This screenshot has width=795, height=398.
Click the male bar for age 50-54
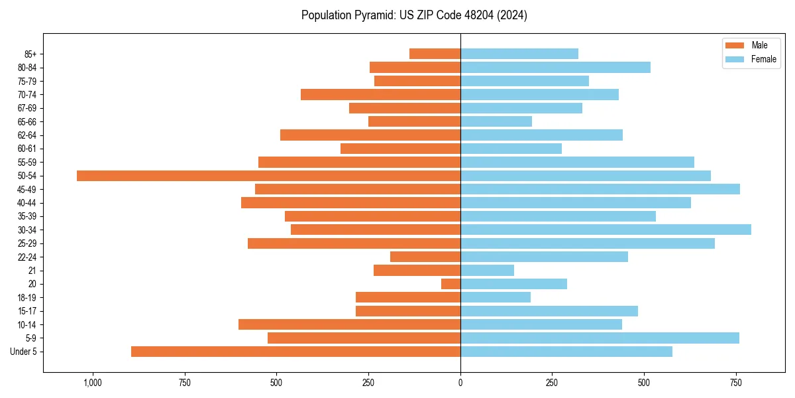pyautogui.click(x=268, y=176)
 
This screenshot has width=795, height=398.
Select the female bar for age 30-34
pyautogui.click(x=606, y=230)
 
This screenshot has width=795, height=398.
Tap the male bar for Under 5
pyautogui.click(x=295, y=352)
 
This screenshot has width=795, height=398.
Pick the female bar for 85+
pyautogui.click(x=519, y=54)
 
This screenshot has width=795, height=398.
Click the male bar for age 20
pyautogui.click(x=451, y=284)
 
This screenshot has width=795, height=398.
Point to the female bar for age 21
pyautogui.click(x=487, y=271)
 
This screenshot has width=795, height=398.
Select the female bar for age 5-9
pyautogui.click(x=600, y=338)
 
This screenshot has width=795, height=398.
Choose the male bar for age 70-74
pyautogui.click(x=380, y=95)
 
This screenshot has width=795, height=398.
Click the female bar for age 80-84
pyautogui.click(x=555, y=68)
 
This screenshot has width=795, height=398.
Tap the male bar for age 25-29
pyautogui.click(x=354, y=243)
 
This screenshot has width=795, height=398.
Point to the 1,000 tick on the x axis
pyautogui.click(x=93, y=382)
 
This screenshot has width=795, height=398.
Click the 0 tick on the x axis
pyautogui.click(x=460, y=382)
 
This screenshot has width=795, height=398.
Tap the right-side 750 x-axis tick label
pyautogui.click(x=735, y=382)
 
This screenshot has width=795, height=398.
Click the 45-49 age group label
pyautogui.click(x=27, y=190)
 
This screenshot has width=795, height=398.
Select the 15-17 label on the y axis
pyautogui.click(x=27, y=311)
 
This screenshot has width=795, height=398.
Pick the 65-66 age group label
pyautogui.click(x=27, y=122)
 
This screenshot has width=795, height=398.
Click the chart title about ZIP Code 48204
pyautogui.click(x=414, y=15)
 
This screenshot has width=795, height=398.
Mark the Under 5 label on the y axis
pyautogui.click(x=24, y=352)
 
